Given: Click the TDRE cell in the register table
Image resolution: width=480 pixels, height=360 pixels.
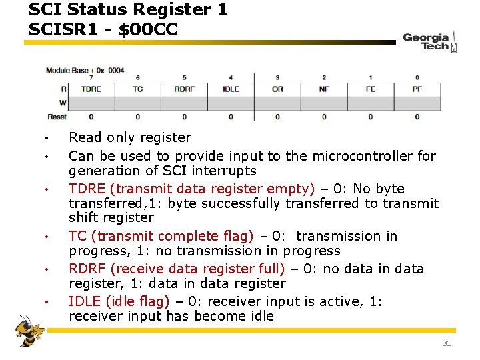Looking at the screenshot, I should (x=91, y=89).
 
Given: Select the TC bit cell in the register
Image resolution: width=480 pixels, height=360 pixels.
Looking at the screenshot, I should (x=138, y=89).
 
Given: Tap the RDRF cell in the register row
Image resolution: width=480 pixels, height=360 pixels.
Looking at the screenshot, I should (x=184, y=89).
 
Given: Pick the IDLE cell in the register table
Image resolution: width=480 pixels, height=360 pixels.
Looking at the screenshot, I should (x=231, y=89).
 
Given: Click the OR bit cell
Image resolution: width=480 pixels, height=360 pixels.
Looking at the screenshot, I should (x=277, y=89).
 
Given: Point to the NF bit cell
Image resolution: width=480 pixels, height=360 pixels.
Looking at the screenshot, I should (x=324, y=89).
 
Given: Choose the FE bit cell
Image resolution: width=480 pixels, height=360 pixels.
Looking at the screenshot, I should (x=371, y=89).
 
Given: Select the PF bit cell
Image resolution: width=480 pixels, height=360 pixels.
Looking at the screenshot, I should (x=417, y=89).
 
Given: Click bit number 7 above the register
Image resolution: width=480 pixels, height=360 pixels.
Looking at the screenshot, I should (x=91, y=77).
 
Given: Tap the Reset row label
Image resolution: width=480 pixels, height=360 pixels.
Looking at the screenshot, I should (x=57, y=117).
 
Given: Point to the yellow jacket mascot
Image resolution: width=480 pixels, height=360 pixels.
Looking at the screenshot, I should (x=30, y=331).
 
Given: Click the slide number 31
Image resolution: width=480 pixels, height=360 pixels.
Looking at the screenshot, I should (x=447, y=343).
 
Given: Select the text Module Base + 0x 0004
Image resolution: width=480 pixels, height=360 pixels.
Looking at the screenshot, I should (x=85, y=70).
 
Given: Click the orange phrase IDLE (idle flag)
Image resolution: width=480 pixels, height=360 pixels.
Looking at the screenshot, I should (x=119, y=301).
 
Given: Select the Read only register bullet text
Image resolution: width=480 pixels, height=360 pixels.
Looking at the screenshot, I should (x=130, y=137).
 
